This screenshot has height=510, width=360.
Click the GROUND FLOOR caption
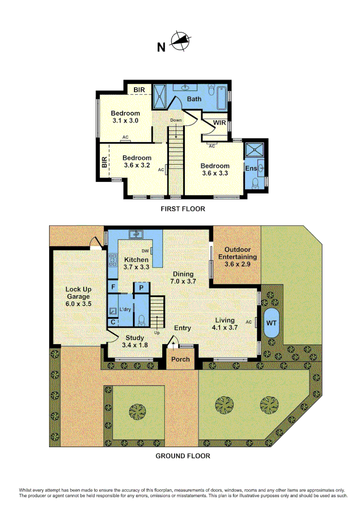tap(183, 456)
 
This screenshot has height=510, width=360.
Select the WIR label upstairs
tap(219, 122)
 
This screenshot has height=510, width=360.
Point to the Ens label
tap(250, 168)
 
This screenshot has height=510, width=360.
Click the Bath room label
tap(194, 99)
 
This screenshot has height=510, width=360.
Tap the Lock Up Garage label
tap(78, 293)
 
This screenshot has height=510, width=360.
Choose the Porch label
tap(180, 359)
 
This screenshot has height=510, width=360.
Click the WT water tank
tap(271, 323)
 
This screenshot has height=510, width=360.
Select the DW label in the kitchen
tap(145, 251)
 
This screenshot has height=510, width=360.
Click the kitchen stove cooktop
tap(113, 259)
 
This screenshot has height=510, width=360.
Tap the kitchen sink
tap(136, 233)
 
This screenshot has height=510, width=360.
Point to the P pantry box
tap(142, 288)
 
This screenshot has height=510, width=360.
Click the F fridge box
tap(113, 287)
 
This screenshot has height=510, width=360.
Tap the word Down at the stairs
tap(176, 120)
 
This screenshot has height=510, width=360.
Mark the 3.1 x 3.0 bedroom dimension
tap(126, 121)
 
